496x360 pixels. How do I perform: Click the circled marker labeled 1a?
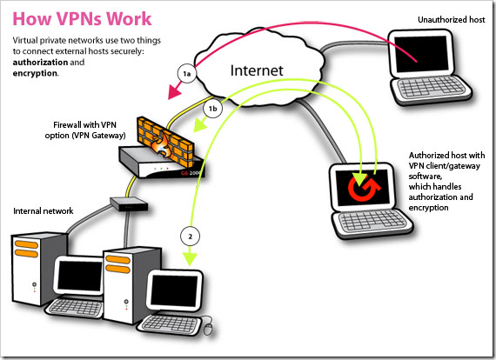187,74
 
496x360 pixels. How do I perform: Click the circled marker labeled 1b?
212,109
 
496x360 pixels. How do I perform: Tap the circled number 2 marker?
190,237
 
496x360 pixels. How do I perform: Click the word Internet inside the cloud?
257,70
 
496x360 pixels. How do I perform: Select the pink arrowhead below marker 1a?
175,90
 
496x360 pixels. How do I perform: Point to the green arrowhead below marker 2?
190,259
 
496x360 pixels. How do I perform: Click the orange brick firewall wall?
165,141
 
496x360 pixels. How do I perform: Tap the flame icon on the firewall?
162,146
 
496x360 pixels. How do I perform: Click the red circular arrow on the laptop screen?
364,188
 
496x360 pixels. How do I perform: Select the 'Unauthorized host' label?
451,20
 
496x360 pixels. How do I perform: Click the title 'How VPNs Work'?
82,18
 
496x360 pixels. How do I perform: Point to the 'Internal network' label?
43,210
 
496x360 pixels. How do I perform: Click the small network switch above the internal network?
129,203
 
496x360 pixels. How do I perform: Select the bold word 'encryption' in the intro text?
35,73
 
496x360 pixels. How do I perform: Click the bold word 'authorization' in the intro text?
40,63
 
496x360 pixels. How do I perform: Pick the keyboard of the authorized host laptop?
372,220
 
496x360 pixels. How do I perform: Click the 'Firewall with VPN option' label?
85,130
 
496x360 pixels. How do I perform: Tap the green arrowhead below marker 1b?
200,125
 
